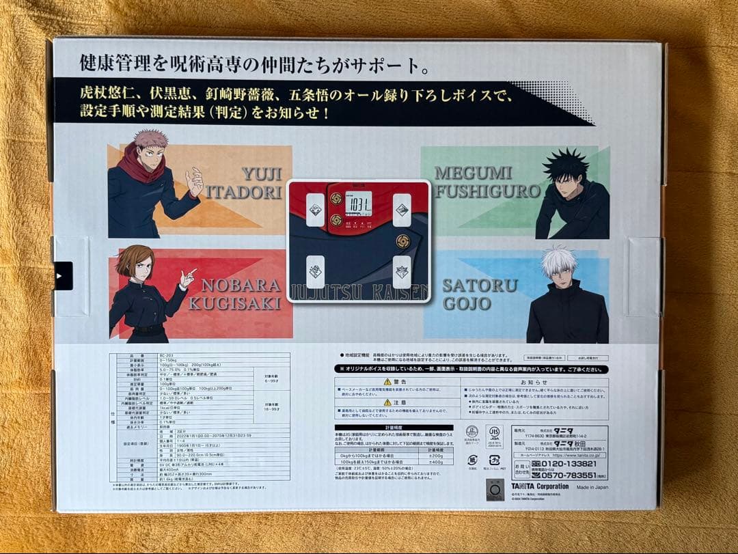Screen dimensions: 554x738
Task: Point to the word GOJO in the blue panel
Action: (x=467, y=303)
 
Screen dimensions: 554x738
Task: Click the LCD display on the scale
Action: (x=358, y=204)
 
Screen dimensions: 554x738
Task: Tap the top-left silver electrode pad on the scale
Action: (x=315, y=210)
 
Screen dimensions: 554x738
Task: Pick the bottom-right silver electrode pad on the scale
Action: (x=402, y=271)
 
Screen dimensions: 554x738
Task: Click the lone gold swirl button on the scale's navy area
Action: (x=403, y=242)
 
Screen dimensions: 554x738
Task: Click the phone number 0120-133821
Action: (x=566, y=464)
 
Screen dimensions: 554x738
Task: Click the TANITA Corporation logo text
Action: (x=539, y=486)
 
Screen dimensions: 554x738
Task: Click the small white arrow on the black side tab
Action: (x=59, y=276)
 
